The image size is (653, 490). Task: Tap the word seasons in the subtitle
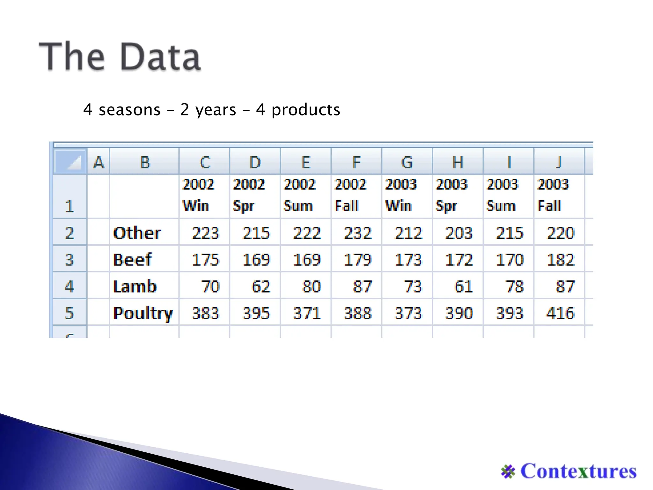pyautogui.click(x=129, y=110)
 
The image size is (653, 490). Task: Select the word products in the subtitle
pyautogui.click(x=306, y=110)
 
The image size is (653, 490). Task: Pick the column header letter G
pyautogui.click(x=407, y=162)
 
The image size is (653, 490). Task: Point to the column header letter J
pyautogui.click(x=559, y=162)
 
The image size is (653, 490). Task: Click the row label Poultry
pyautogui.click(x=143, y=313)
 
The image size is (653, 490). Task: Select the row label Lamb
pyautogui.click(x=135, y=286)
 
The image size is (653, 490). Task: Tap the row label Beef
pyautogui.click(x=132, y=259)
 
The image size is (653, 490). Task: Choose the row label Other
pyautogui.click(x=137, y=233)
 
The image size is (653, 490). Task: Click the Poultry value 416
pyautogui.click(x=560, y=313)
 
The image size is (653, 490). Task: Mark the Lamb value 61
pyautogui.click(x=463, y=286)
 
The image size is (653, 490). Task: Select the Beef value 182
pyautogui.click(x=560, y=259)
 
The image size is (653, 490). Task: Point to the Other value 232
pyautogui.click(x=358, y=233)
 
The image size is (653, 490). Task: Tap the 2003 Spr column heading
pyautogui.click(x=451, y=195)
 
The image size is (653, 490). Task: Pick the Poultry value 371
pyautogui.click(x=307, y=313)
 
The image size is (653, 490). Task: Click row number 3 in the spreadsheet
pyautogui.click(x=70, y=259)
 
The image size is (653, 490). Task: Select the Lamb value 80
pyautogui.click(x=311, y=286)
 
